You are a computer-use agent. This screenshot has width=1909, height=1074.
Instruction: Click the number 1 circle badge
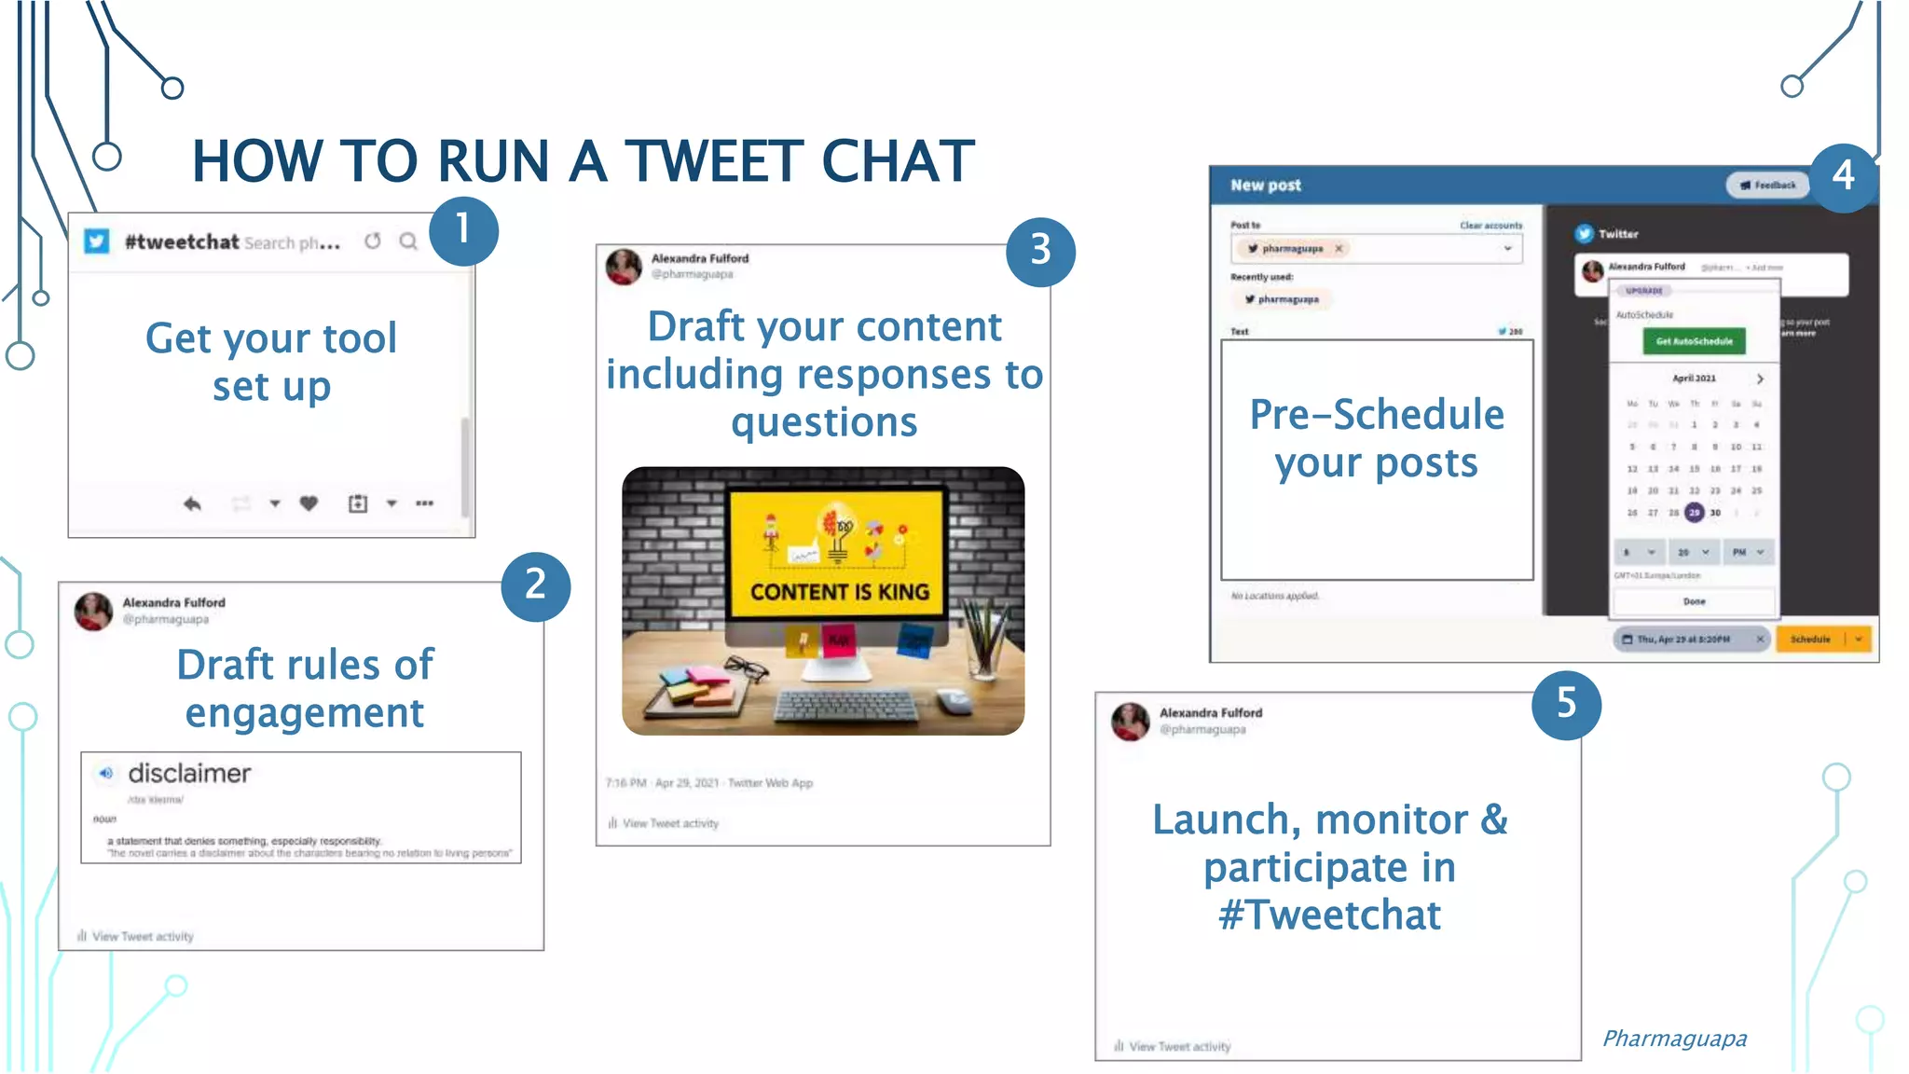click(x=463, y=230)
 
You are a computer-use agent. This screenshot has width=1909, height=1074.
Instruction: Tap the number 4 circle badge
click(x=1844, y=176)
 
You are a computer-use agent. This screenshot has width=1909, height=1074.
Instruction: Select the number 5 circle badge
click(x=1566, y=704)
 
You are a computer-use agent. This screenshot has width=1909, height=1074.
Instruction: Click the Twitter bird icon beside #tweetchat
click(x=97, y=241)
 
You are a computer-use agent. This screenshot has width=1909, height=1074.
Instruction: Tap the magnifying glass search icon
click(x=408, y=241)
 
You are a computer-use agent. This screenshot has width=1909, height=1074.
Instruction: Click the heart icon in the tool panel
click(x=309, y=503)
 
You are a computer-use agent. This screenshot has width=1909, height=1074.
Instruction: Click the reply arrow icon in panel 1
click(x=192, y=503)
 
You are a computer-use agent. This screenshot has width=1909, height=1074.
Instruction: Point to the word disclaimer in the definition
click(x=189, y=773)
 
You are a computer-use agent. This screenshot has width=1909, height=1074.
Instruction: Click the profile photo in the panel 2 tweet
click(x=93, y=612)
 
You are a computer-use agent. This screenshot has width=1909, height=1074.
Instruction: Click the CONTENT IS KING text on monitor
click(x=839, y=592)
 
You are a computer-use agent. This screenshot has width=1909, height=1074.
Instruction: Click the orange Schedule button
click(x=1810, y=640)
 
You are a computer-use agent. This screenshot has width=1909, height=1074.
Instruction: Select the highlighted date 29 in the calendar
click(x=1694, y=512)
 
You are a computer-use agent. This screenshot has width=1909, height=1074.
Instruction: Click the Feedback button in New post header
click(x=1767, y=186)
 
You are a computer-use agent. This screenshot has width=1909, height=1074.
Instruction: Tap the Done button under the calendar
click(x=1694, y=601)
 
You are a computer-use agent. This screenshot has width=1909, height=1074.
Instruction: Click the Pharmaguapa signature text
click(x=1674, y=1039)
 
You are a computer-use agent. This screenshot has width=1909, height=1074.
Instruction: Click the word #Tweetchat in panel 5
click(x=1329, y=916)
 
